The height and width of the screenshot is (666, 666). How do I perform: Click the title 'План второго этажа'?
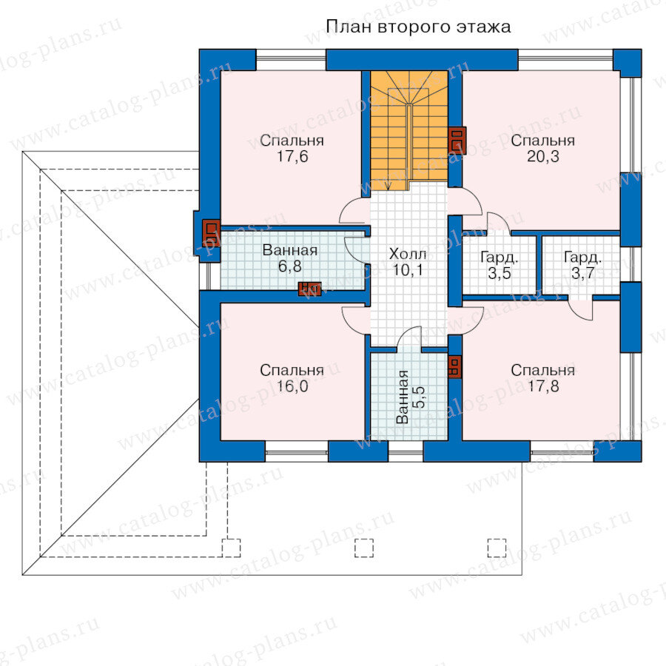[x=418, y=27]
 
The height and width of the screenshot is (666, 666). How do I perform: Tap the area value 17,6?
[x=292, y=157]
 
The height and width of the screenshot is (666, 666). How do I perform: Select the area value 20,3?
[x=543, y=157]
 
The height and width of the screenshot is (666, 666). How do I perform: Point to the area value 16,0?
[x=292, y=386]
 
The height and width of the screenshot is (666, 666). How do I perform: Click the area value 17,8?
[x=543, y=386]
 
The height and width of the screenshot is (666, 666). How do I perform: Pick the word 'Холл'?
[x=408, y=254]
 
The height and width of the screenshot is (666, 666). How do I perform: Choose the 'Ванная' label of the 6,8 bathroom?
[x=290, y=250]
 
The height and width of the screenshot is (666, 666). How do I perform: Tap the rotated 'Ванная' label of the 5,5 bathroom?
[x=403, y=397]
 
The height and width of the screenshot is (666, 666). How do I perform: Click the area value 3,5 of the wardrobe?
[x=499, y=273]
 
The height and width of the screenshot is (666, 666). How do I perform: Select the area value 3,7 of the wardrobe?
[x=583, y=273]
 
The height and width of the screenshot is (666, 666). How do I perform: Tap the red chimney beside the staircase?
[x=457, y=140]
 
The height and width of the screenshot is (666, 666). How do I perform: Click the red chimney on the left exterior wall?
[x=211, y=232]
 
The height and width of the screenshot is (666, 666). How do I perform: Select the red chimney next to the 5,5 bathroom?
[x=454, y=366]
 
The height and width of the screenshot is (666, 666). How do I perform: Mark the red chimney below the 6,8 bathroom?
[x=309, y=289]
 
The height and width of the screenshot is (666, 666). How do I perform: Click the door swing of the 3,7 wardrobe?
[x=580, y=310]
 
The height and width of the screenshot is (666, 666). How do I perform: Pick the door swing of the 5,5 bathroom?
[x=409, y=338]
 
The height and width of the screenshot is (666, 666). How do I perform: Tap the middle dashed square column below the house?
[x=364, y=548]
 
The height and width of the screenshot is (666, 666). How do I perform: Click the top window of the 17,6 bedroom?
[x=291, y=60]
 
